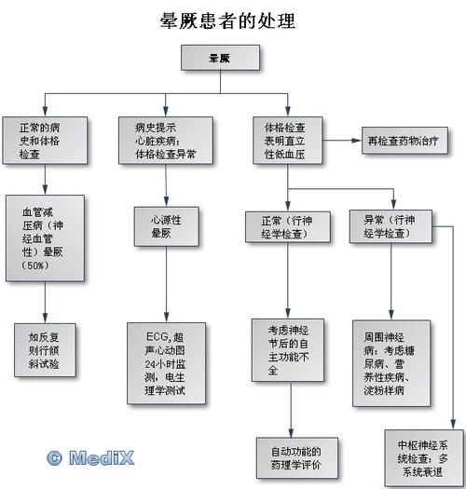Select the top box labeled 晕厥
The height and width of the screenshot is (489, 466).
[220, 59]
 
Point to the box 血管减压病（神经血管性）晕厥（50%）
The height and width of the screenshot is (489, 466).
[45, 238]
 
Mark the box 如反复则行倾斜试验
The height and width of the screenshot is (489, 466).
[44, 348]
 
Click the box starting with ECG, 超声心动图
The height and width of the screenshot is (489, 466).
[165, 362]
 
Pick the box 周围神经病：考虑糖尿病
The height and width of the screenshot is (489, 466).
[392, 362]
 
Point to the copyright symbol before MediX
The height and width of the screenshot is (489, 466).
[54, 456]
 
